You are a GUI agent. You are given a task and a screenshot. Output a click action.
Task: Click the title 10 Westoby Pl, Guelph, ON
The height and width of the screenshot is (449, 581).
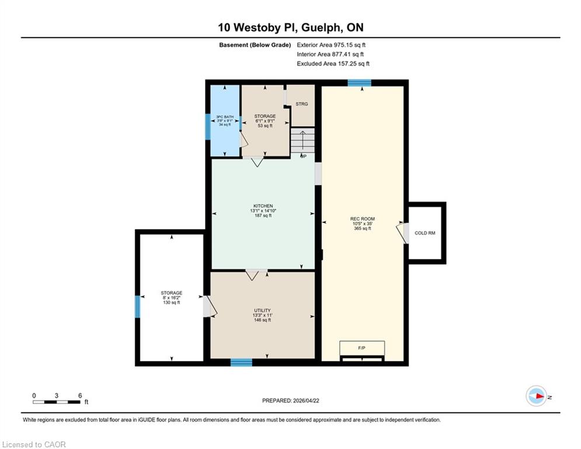point(291,27)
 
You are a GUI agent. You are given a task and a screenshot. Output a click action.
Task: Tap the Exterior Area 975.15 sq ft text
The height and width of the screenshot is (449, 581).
point(331,45)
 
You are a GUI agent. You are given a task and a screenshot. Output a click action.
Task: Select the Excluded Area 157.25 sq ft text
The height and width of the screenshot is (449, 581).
point(333,64)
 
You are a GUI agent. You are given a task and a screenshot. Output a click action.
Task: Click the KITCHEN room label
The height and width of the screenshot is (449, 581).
point(263,206)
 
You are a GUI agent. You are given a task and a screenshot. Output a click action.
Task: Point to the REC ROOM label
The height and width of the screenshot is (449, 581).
point(363,219)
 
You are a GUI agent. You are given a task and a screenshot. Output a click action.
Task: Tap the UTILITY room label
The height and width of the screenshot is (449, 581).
point(262,310)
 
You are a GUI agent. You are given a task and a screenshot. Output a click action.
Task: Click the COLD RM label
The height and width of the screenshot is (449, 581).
point(425,233)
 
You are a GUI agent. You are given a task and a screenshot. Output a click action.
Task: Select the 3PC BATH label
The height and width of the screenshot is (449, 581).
point(225,117)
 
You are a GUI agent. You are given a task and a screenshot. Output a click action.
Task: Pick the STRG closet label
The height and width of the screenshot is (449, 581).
point(302,104)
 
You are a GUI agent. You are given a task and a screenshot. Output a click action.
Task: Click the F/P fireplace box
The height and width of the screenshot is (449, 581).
point(362,348)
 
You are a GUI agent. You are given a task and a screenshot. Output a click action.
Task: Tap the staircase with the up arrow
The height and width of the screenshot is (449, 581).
point(302,140)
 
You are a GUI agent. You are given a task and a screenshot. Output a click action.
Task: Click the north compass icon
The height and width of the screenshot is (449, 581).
point(537,396)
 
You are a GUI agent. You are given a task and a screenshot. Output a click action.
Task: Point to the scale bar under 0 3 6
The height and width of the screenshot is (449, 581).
point(56,402)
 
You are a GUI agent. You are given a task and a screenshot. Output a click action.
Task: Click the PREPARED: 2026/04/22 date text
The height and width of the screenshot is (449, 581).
point(291,400)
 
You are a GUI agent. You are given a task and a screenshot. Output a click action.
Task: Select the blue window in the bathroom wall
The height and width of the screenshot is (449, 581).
point(208,127)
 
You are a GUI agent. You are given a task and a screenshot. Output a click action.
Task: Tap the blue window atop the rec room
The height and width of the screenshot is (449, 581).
point(360,83)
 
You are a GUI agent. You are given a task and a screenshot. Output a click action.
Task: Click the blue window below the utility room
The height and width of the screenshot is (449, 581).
point(241,362)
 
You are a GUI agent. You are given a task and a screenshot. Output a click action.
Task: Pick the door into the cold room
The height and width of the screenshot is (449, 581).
point(403,233)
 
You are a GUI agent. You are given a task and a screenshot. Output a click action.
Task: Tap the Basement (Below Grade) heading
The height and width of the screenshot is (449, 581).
point(255,45)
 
